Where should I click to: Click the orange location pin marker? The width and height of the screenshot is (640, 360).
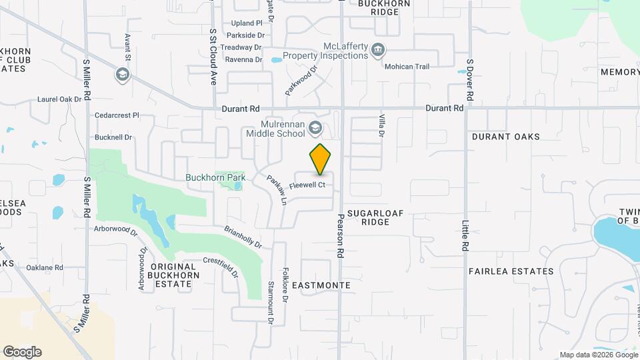(x=321, y=160)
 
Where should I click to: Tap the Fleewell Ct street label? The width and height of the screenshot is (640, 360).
(x=307, y=185)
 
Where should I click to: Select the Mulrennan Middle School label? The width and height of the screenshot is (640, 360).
(x=275, y=129)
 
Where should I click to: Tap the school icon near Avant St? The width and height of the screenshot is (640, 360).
(x=122, y=74)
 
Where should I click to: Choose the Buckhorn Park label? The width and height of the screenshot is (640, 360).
(x=215, y=177)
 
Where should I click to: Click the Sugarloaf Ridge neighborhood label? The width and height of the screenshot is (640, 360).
(x=375, y=217)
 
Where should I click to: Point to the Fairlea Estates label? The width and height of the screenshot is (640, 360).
(x=511, y=271)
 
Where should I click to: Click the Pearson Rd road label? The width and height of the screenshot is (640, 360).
(x=339, y=235)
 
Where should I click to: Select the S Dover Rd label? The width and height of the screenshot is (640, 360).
(x=469, y=79)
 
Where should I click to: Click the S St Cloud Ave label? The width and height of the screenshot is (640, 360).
(x=213, y=56)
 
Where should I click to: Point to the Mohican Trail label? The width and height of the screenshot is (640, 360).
(x=407, y=67)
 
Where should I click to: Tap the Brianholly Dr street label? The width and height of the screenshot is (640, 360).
(x=243, y=235)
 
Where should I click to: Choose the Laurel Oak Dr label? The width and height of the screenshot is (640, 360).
(x=59, y=99)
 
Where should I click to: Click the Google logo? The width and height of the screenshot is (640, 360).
(x=22, y=352)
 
